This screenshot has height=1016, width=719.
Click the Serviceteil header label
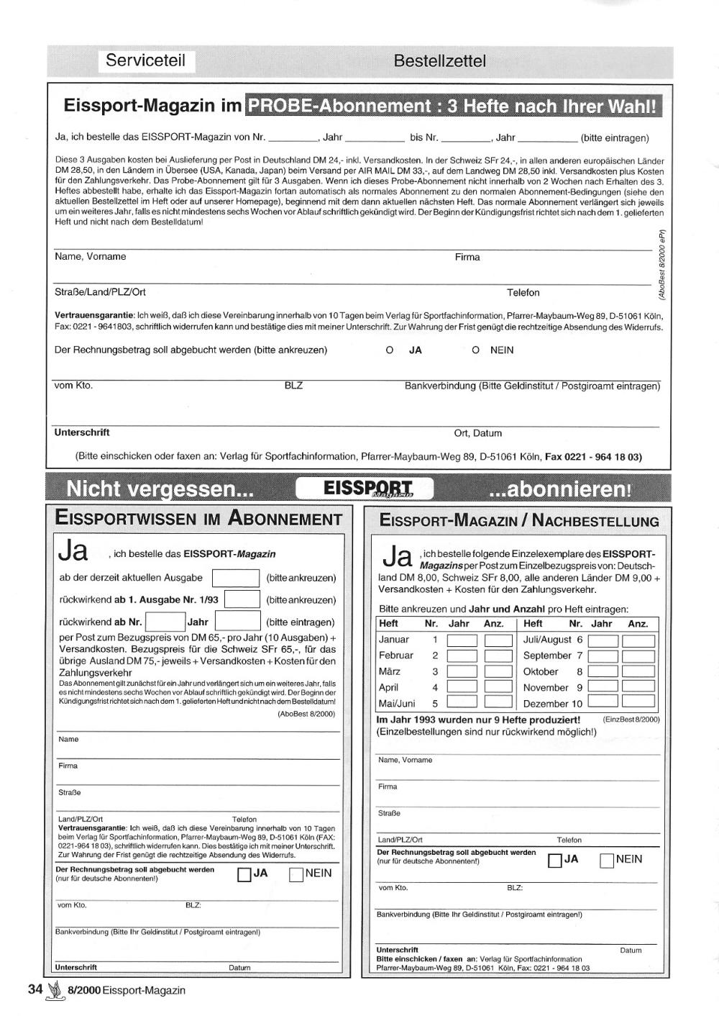145,60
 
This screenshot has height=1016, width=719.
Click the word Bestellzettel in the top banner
439,61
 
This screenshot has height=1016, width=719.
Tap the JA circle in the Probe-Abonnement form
390,350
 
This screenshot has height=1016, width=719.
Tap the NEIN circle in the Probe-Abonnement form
475,350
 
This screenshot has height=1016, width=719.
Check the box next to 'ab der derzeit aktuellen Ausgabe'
236,578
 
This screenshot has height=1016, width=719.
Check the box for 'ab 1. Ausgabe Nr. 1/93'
242,599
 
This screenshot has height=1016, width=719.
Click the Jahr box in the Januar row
462,640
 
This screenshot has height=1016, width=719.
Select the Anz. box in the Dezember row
638,702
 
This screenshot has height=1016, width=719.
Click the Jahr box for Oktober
603,671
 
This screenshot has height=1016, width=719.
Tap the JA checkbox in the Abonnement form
244,874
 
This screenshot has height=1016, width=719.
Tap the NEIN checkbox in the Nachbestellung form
607,860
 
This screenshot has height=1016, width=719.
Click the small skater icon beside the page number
55,992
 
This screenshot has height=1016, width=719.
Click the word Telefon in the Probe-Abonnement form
523,293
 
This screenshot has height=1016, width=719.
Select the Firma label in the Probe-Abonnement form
467,257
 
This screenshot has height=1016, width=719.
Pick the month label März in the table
389,671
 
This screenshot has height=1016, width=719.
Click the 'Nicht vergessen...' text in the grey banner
160,489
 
